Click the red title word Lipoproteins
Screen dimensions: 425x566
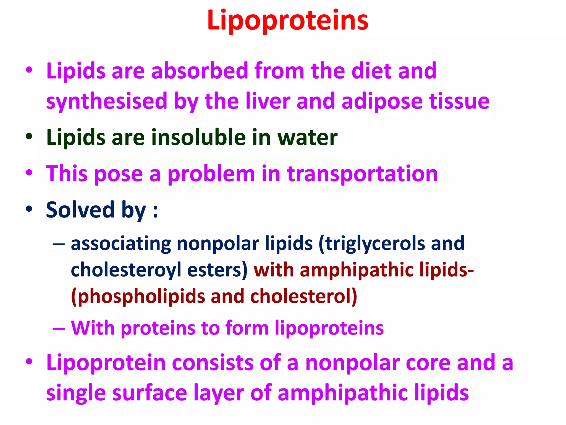[288, 20]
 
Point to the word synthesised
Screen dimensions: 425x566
[107, 101]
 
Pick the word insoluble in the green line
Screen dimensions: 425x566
[198, 137]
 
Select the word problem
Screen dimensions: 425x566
[211, 174]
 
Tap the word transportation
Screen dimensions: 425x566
[362, 174]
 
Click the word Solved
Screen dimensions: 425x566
[80, 209]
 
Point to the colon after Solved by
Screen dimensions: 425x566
[156, 212]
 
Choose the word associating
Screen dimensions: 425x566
[121, 243]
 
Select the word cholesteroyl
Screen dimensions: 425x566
[126, 270]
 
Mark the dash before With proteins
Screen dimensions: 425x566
[59, 329]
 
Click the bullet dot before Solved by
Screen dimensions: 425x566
[29, 209]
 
